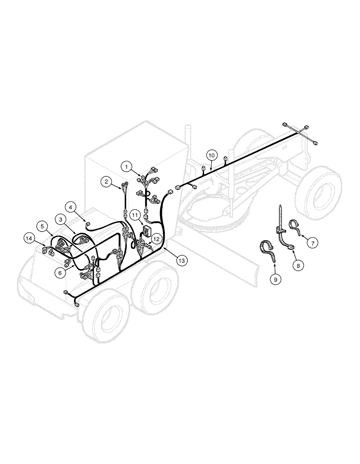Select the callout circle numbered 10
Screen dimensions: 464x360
coord(211,155)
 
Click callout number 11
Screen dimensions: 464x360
coord(134,215)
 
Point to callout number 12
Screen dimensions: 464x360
coord(156,239)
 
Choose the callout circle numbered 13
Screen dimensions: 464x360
coord(181,261)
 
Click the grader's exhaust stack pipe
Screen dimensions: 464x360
coord(188,139)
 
